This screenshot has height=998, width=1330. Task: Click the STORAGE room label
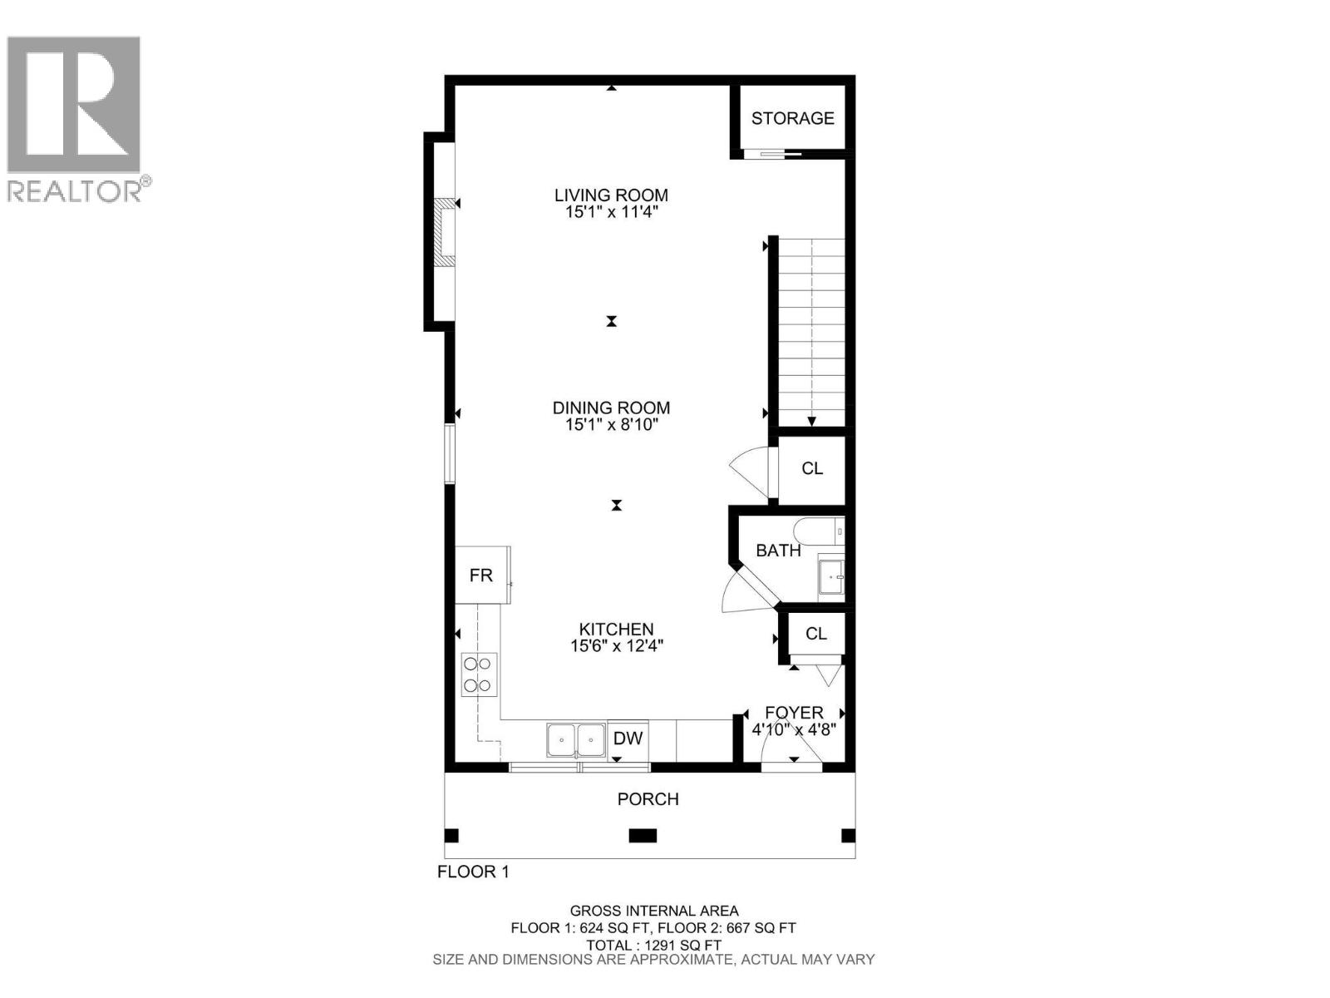pos(792,118)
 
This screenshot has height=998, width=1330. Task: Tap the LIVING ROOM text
pos(611,195)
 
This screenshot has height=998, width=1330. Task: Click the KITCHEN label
pos(616,630)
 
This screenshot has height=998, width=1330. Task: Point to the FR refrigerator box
pos(482,575)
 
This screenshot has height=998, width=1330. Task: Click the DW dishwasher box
pos(628,739)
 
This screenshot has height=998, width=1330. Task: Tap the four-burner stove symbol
pos(479,674)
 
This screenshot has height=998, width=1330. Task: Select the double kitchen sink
pos(575,739)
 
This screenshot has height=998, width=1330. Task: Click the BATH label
pos(778,551)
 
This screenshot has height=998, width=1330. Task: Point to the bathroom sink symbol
pos(830,576)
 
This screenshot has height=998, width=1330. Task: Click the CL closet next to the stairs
pos(812,468)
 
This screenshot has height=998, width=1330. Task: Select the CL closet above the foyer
pos(815,634)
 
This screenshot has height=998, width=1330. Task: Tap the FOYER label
pos(794,713)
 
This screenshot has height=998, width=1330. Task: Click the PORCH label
pos(648,799)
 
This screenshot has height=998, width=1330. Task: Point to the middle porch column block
pos(643,836)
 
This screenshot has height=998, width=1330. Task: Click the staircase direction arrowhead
pos(812,421)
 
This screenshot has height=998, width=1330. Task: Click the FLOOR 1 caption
pos(472,872)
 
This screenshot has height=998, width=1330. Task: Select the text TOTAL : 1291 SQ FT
pos(653,945)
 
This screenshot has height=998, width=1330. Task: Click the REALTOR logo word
pos(74,191)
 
